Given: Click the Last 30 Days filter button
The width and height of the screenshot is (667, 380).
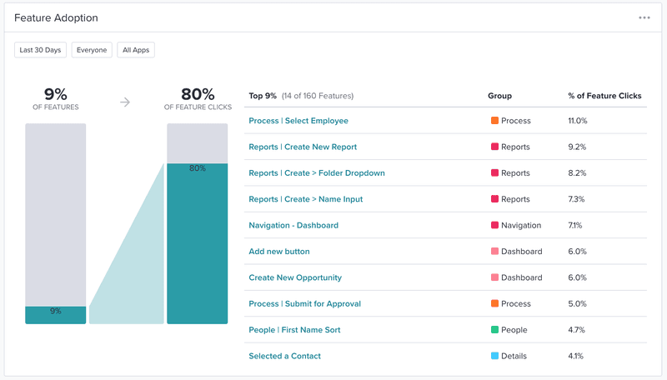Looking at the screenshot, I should tap(41, 50).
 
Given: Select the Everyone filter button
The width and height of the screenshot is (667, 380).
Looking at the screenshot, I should tap(92, 50).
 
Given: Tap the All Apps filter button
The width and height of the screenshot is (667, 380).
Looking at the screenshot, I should tap(136, 50).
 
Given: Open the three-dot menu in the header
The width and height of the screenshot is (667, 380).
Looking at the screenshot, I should tap(644, 17).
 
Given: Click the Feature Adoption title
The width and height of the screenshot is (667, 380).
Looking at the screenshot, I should tap(55, 17).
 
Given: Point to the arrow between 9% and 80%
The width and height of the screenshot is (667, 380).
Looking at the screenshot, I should tap(125, 102).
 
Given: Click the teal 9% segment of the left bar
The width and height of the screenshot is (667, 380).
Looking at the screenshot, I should tap(55, 314).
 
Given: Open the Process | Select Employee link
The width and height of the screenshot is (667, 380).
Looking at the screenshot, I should tap(298, 121).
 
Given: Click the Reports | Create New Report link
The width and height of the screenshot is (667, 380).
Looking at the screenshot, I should tap(303, 147).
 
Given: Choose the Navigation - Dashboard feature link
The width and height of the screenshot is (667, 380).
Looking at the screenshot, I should tap(293, 225).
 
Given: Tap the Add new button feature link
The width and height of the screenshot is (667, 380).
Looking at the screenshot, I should tap(279, 252).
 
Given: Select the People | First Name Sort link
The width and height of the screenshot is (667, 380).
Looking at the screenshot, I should tap(294, 330).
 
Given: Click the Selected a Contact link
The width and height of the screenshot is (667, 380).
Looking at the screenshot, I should tap(284, 356).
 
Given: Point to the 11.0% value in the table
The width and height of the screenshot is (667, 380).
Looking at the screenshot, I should tap(577, 121).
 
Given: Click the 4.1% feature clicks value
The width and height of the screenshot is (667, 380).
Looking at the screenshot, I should tap(575, 356).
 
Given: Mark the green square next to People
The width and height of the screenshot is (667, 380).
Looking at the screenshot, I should tap(494, 330).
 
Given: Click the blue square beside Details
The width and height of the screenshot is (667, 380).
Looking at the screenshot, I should tap(494, 356).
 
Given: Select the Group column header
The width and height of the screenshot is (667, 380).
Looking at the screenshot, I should tap(499, 96).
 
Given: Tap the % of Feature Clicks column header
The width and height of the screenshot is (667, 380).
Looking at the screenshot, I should tap(604, 96).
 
